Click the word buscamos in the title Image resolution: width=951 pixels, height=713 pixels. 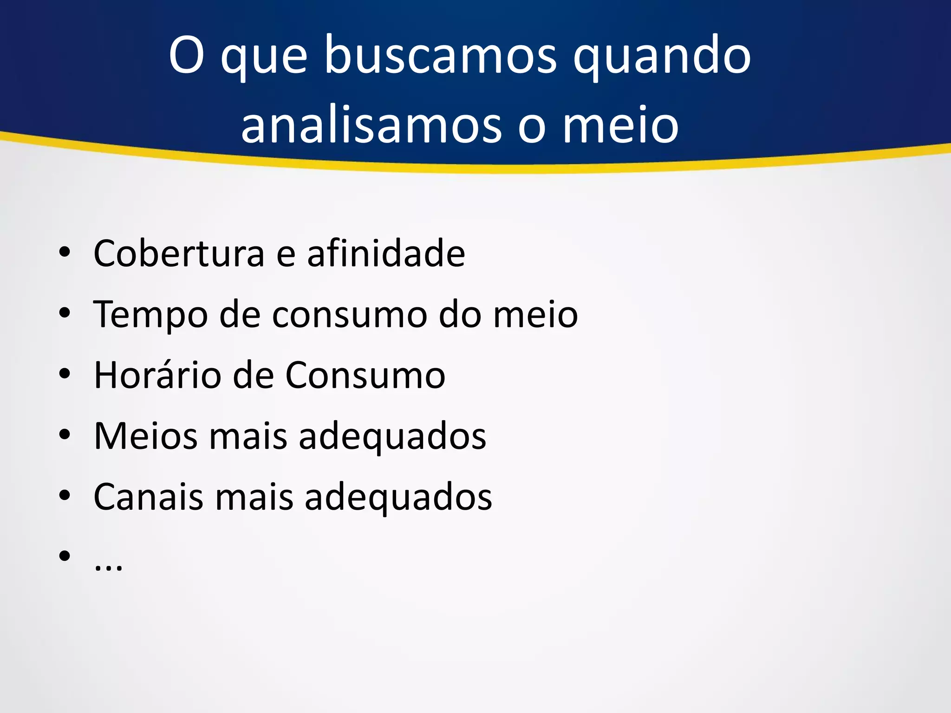point(440,56)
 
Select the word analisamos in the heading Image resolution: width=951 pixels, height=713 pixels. point(371,125)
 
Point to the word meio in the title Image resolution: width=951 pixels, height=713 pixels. point(620,125)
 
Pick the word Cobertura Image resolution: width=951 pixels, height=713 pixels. point(179,253)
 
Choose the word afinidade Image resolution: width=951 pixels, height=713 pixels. point(386,253)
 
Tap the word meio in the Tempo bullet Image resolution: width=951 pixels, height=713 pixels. point(535,315)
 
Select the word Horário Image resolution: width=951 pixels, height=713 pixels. point(157,375)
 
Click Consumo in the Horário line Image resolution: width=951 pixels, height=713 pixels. point(365,375)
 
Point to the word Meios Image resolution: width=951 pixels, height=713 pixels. point(145,436)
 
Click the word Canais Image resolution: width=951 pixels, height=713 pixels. point(148,497)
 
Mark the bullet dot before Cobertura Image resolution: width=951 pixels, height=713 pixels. point(65,252)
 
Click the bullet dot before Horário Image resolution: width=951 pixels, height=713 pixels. point(65,374)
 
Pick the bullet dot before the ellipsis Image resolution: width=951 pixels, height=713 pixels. point(65,556)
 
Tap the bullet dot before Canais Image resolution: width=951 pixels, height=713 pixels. point(65,495)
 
